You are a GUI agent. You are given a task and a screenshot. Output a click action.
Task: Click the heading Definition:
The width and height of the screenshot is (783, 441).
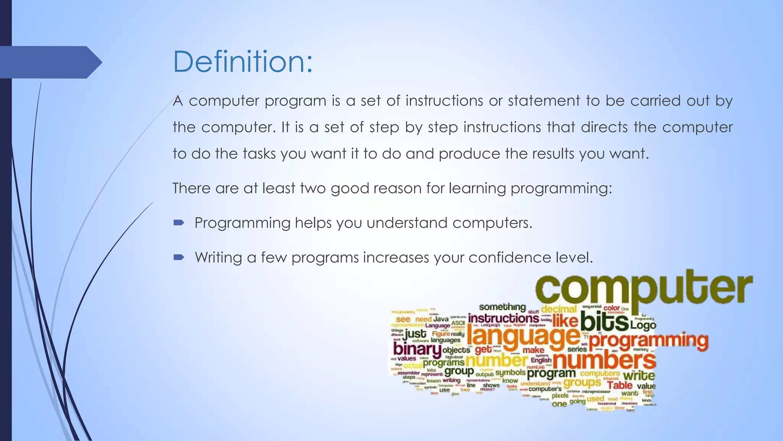pos(243,62)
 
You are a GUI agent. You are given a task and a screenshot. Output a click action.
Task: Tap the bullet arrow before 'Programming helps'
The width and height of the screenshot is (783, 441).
pos(179,223)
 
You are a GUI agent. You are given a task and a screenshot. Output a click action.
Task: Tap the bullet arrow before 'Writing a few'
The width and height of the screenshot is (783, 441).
pos(179,257)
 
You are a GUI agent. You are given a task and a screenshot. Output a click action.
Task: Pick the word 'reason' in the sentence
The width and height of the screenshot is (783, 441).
pos(397,188)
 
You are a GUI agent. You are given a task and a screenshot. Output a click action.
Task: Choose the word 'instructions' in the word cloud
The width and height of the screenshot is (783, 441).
pos(503,318)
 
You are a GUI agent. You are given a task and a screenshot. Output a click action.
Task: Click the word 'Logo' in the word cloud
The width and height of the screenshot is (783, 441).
pos(643,325)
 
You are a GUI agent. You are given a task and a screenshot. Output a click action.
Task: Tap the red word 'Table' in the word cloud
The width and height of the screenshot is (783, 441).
pos(620,385)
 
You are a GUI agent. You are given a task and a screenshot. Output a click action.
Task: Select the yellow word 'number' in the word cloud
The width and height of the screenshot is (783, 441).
pos(496,361)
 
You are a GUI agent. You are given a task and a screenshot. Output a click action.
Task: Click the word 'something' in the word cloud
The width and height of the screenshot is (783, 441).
pos(502,307)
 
